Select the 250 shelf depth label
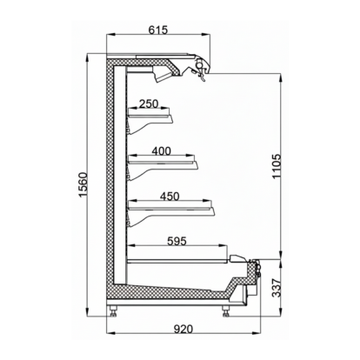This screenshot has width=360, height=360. (x=149, y=104)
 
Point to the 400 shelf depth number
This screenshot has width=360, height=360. (x=163, y=151)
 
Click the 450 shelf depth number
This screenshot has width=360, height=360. (x=170, y=197)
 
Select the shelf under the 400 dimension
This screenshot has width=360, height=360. (x=165, y=160)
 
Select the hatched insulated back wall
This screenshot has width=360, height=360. (x=112, y=174)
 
